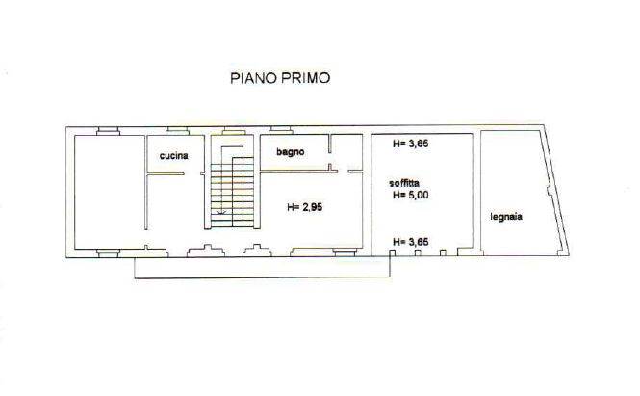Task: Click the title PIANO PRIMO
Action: (280, 78)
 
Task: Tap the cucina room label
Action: (174, 156)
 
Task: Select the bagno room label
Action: (291, 152)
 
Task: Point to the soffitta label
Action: (404, 183)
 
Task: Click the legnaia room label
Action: (506, 217)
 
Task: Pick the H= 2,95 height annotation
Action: (304, 207)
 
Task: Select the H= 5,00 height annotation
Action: (411, 195)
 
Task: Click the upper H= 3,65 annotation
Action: (411, 144)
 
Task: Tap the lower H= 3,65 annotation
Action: (411, 242)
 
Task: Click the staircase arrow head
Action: (222, 212)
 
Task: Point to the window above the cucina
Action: (177, 131)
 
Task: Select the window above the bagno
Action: (281, 131)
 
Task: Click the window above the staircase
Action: (234, 131)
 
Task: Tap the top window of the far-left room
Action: (108, 131)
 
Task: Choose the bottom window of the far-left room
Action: (108, 253)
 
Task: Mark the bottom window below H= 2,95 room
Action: (345, 252)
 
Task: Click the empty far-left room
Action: (110, 192)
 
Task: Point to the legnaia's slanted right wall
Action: (555, 191)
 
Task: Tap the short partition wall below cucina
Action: (166, 174)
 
